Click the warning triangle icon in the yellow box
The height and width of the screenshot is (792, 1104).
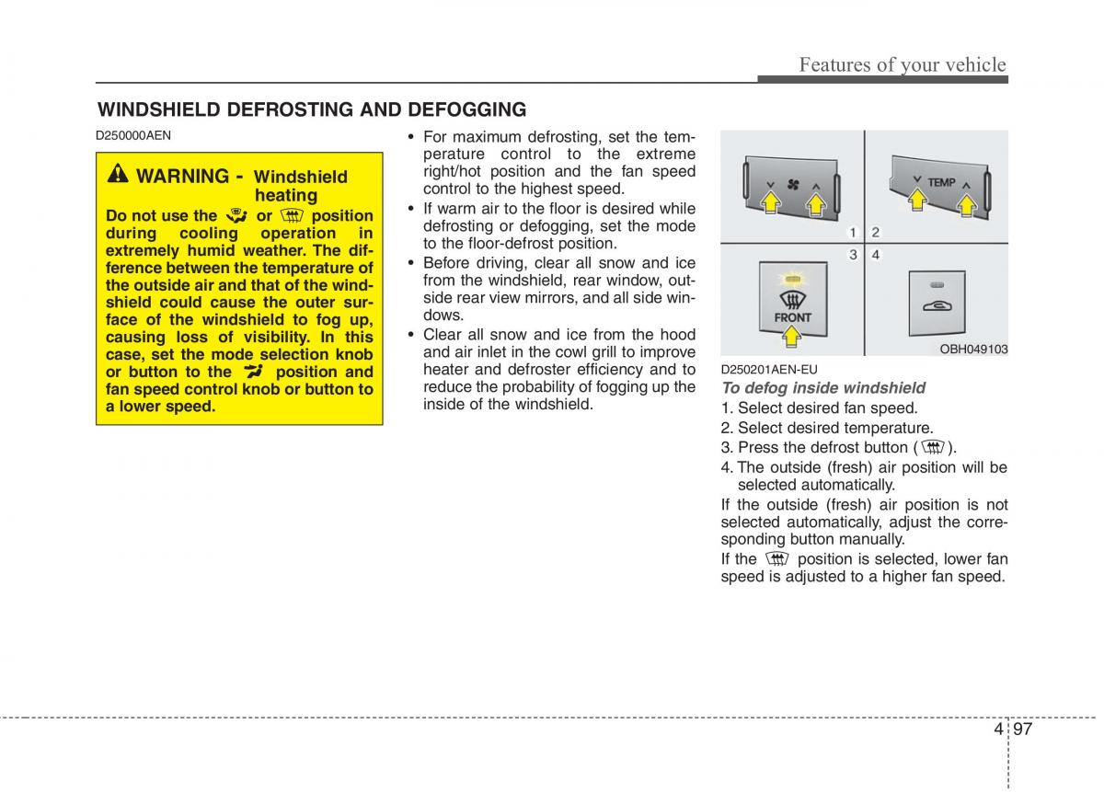[120, 175]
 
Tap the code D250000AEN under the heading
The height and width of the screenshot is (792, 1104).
[133, 135]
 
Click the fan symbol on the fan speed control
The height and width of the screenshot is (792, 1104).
[792, 184]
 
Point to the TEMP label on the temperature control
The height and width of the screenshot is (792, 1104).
[940, 182]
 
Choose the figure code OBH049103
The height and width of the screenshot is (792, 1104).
[973, 350]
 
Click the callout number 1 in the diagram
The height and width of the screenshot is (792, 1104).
[853, 233]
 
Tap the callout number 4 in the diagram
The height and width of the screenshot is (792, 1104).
[876, 254]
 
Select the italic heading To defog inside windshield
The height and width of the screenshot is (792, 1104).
[822, 388]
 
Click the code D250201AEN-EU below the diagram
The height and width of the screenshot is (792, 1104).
[768, 370]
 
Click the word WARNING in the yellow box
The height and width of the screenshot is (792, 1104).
[182, 176]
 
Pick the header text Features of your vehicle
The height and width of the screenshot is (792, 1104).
[902, 64]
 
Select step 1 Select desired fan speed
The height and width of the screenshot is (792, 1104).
[819, 408]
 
